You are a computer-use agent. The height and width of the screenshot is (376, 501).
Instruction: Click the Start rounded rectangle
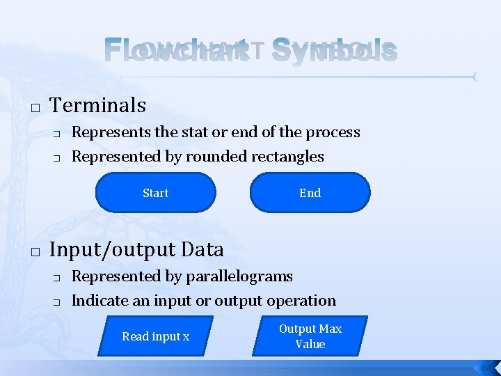click(x=155, y=193)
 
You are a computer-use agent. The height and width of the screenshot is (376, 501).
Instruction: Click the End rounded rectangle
click(x=310, y=193)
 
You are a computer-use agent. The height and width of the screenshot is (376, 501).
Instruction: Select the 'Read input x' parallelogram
click(x=155, y=336)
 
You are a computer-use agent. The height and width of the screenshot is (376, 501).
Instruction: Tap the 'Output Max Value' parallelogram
click(x=310, y=336)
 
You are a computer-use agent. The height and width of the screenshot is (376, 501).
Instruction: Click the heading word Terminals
click(x=98, y=105)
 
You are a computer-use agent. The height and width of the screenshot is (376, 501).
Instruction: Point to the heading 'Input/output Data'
click(x=137, y=249)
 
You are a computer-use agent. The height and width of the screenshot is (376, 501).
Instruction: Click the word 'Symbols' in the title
click(x=334, y=50)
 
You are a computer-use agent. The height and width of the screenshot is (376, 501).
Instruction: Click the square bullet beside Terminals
click(x=34, y=108)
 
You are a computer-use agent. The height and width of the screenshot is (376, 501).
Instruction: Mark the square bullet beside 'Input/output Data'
click(x=34, y=252)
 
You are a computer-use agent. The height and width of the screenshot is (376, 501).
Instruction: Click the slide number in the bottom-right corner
click(x=485, y=368)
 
